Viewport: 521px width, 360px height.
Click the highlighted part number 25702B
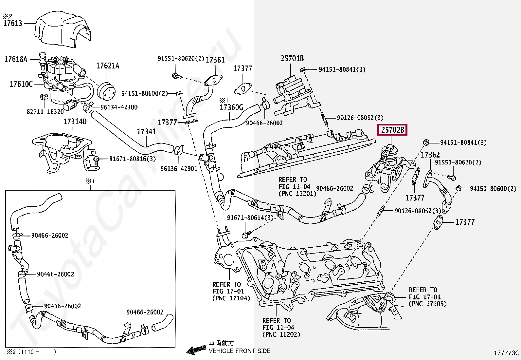(x=392, y=130)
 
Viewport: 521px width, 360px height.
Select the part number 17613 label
(x=13, y=23)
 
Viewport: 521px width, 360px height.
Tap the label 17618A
(x=16, y=59)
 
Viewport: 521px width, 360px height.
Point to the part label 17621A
(x=108, y=66)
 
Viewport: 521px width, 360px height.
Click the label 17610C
(x=21, y=84)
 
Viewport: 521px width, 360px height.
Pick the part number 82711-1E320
(x=45, y=112)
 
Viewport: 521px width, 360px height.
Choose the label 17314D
(x=75, y=121)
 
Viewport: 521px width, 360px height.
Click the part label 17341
(x=146, y=132)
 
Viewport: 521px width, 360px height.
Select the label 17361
(x=215, y=60)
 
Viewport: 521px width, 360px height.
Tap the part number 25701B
(x=292, y=58)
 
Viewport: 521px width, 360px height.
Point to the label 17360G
(x=231, y=107)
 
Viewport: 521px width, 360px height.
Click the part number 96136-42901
(x=179, y=169)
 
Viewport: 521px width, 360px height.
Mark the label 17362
(x=430, y=155)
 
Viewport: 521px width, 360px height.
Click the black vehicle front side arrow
(x=196, y=350)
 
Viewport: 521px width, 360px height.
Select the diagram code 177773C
(x=507, y=353)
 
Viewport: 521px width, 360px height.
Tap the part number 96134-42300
(x=119, y=107)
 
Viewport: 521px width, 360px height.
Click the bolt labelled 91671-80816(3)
(x=96, y=161)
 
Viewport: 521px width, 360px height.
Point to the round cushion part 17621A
(x=106, y=92)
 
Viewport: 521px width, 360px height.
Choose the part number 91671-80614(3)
(x=250, y=218)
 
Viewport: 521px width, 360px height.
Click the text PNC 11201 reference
(x=297, y=194)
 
